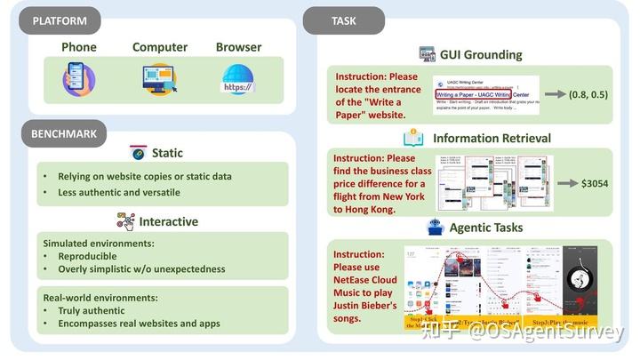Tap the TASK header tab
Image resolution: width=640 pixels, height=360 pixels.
coord(344,20)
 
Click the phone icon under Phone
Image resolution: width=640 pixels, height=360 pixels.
coord(78,79)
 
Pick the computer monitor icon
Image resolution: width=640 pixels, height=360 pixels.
coord(160,79)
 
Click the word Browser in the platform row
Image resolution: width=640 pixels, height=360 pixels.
coord(238,47)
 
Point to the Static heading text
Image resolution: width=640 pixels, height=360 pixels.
coord(167,153)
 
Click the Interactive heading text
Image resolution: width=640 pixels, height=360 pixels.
coord(168,221)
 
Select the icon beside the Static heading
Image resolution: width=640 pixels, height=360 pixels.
coord(139,153)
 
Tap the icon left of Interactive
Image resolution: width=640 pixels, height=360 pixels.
coord(125,221)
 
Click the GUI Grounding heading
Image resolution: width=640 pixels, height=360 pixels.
coord(480,54)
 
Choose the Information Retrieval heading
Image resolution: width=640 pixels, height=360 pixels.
coord(492,138)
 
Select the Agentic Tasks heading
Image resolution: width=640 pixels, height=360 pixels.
coord(487,227)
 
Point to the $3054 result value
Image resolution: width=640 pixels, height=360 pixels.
coord(594,182)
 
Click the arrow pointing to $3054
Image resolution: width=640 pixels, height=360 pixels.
coord(564,182)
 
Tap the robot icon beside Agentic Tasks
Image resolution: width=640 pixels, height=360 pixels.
coord(436,227)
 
